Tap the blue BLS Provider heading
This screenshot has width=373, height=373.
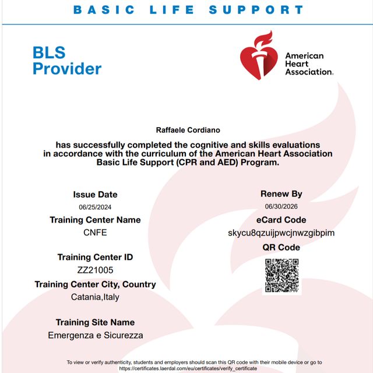coord(66,61)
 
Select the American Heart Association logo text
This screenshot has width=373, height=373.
coord(308,64)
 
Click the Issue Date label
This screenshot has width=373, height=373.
coord(95,195)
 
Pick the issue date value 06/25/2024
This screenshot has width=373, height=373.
coord(95,207)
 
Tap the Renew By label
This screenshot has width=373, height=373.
coord(281,194)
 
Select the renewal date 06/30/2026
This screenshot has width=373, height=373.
coord(281,206)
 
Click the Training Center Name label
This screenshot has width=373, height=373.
coord(95,220)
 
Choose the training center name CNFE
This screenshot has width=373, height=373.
coord(95,233)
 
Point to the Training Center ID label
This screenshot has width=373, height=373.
coord(95,257)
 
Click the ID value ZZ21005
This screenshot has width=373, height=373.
coord(95,270)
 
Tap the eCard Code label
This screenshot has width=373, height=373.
coord(281,220)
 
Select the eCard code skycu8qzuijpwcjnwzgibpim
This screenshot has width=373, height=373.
coord(281,233)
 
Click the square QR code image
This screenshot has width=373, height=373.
coord(282,275)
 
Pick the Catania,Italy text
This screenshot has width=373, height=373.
coord(95,297)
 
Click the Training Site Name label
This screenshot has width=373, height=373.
coord(95,322)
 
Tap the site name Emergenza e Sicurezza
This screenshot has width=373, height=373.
coord(95,335)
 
